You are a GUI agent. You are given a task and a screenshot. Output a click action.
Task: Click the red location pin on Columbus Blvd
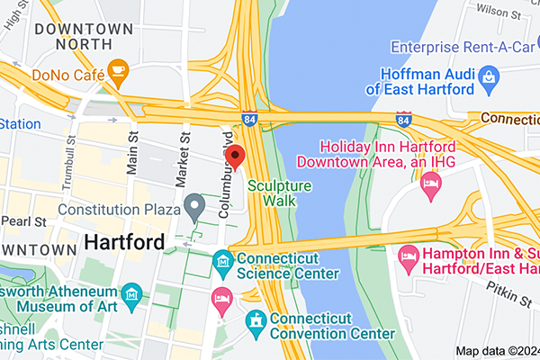point(235,157)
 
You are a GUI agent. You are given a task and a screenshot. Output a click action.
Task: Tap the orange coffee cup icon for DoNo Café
point(117,69)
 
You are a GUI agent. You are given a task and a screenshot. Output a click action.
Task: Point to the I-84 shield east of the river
point(405,119)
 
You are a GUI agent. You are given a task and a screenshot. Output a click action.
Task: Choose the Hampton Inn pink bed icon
point(409,256)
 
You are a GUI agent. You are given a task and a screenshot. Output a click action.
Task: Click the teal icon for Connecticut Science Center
point(222,264)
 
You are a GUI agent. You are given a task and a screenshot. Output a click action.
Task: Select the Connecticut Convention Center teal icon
point(256,319)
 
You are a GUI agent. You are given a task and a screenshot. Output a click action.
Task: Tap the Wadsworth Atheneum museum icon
point(132,293)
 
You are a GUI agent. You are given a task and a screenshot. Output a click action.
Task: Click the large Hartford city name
point(124,243)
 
